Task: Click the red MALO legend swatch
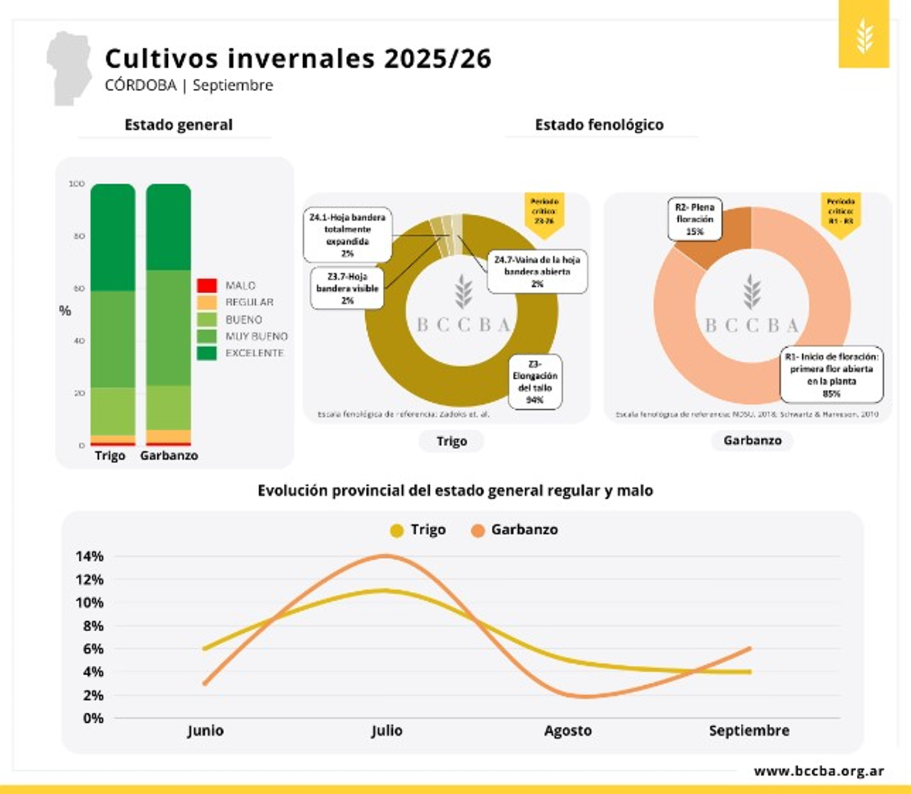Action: coord(206,285)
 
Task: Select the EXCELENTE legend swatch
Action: coord(206,353)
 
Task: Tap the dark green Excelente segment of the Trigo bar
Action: coord(112,237)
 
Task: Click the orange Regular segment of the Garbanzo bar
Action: coord(168,436)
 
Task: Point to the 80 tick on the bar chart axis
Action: coord(78,236)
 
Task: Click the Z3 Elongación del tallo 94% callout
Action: coord(535,381)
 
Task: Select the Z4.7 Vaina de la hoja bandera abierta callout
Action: coord(537,271)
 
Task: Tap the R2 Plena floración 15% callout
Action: coord(694,219)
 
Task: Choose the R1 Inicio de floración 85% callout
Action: coord(831,374)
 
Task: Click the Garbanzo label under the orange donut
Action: coord(752,440)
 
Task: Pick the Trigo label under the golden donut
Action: coord(451,441)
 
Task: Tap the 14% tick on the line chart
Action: coord(90,556)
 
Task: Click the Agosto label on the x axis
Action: coord(567,731)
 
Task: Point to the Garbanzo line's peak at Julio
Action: coord(386,556)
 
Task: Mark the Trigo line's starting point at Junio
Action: coord(205,648)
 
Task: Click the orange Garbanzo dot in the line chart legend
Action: coord(478,530)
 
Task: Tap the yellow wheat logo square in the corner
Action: coord(863,34)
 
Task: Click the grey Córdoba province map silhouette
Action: coord(68,68)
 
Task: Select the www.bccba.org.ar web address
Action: coord(818,771)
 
